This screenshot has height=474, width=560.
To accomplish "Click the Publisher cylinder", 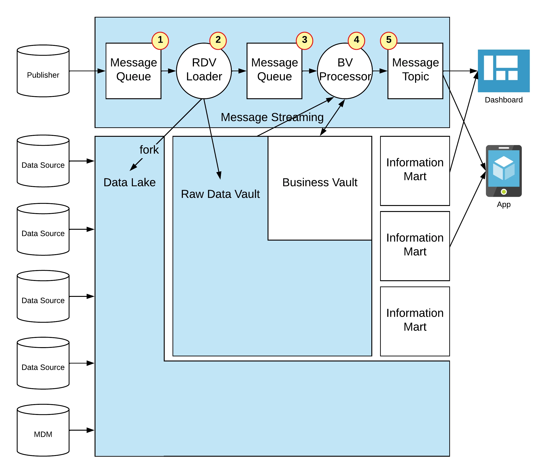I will pos(43,71).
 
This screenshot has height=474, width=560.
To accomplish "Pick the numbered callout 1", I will pos(160,41).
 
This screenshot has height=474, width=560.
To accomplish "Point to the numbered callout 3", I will pos(304,41).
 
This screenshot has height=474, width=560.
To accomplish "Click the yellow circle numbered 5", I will pos(389,41).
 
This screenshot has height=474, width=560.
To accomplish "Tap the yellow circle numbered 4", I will pos(356,41).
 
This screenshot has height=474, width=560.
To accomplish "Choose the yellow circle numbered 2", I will pos(218,41).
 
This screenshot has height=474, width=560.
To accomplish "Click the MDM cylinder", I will pos(43,430).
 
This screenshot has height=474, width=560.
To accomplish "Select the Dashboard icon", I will pos(503,71).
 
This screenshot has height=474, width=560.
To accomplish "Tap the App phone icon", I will pos(503,171).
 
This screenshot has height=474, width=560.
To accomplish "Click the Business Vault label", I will pos(320,182).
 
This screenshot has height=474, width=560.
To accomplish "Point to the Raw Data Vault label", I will pos(220,194).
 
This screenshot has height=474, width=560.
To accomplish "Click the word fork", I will pos(149,150).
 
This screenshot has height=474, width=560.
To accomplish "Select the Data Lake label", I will pos(130,182).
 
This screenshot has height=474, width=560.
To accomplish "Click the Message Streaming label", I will pos(272,117).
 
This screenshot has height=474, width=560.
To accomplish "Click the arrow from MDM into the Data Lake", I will pos(82,430).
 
